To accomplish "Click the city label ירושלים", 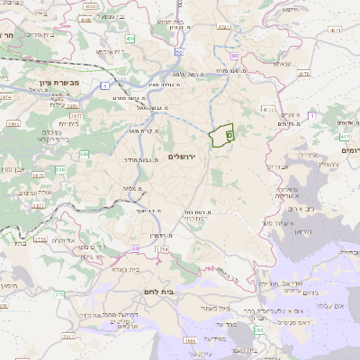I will tap(187, 156).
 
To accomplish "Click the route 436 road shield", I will tap(130, 39).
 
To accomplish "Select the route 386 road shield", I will tap(84, 154).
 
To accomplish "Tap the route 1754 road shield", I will tap(162, 248).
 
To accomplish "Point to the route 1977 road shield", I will tap(75, 115).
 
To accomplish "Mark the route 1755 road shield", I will tap(40, 239).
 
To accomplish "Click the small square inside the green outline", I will tap(229, 135).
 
